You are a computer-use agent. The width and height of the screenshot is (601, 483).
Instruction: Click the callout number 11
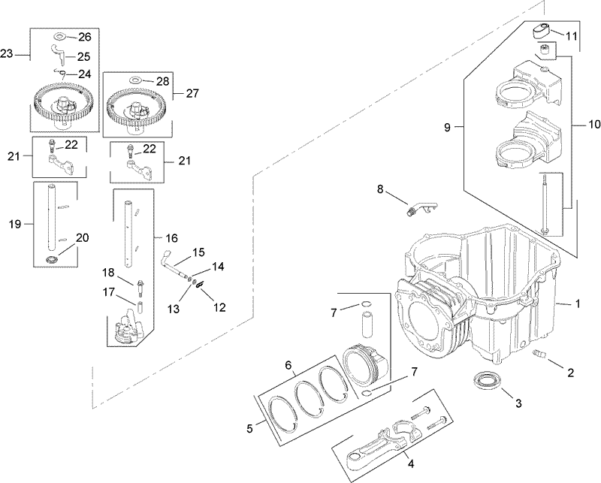click(572, 35)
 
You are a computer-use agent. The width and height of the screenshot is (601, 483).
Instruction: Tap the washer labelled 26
click(60, 36)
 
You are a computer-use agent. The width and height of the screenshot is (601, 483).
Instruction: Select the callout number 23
click(8, 53)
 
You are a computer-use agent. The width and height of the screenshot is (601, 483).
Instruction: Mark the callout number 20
click(82, 237)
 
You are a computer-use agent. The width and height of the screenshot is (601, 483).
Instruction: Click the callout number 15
click(198, 251)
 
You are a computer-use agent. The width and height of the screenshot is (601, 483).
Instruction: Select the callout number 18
click(108, 272)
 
